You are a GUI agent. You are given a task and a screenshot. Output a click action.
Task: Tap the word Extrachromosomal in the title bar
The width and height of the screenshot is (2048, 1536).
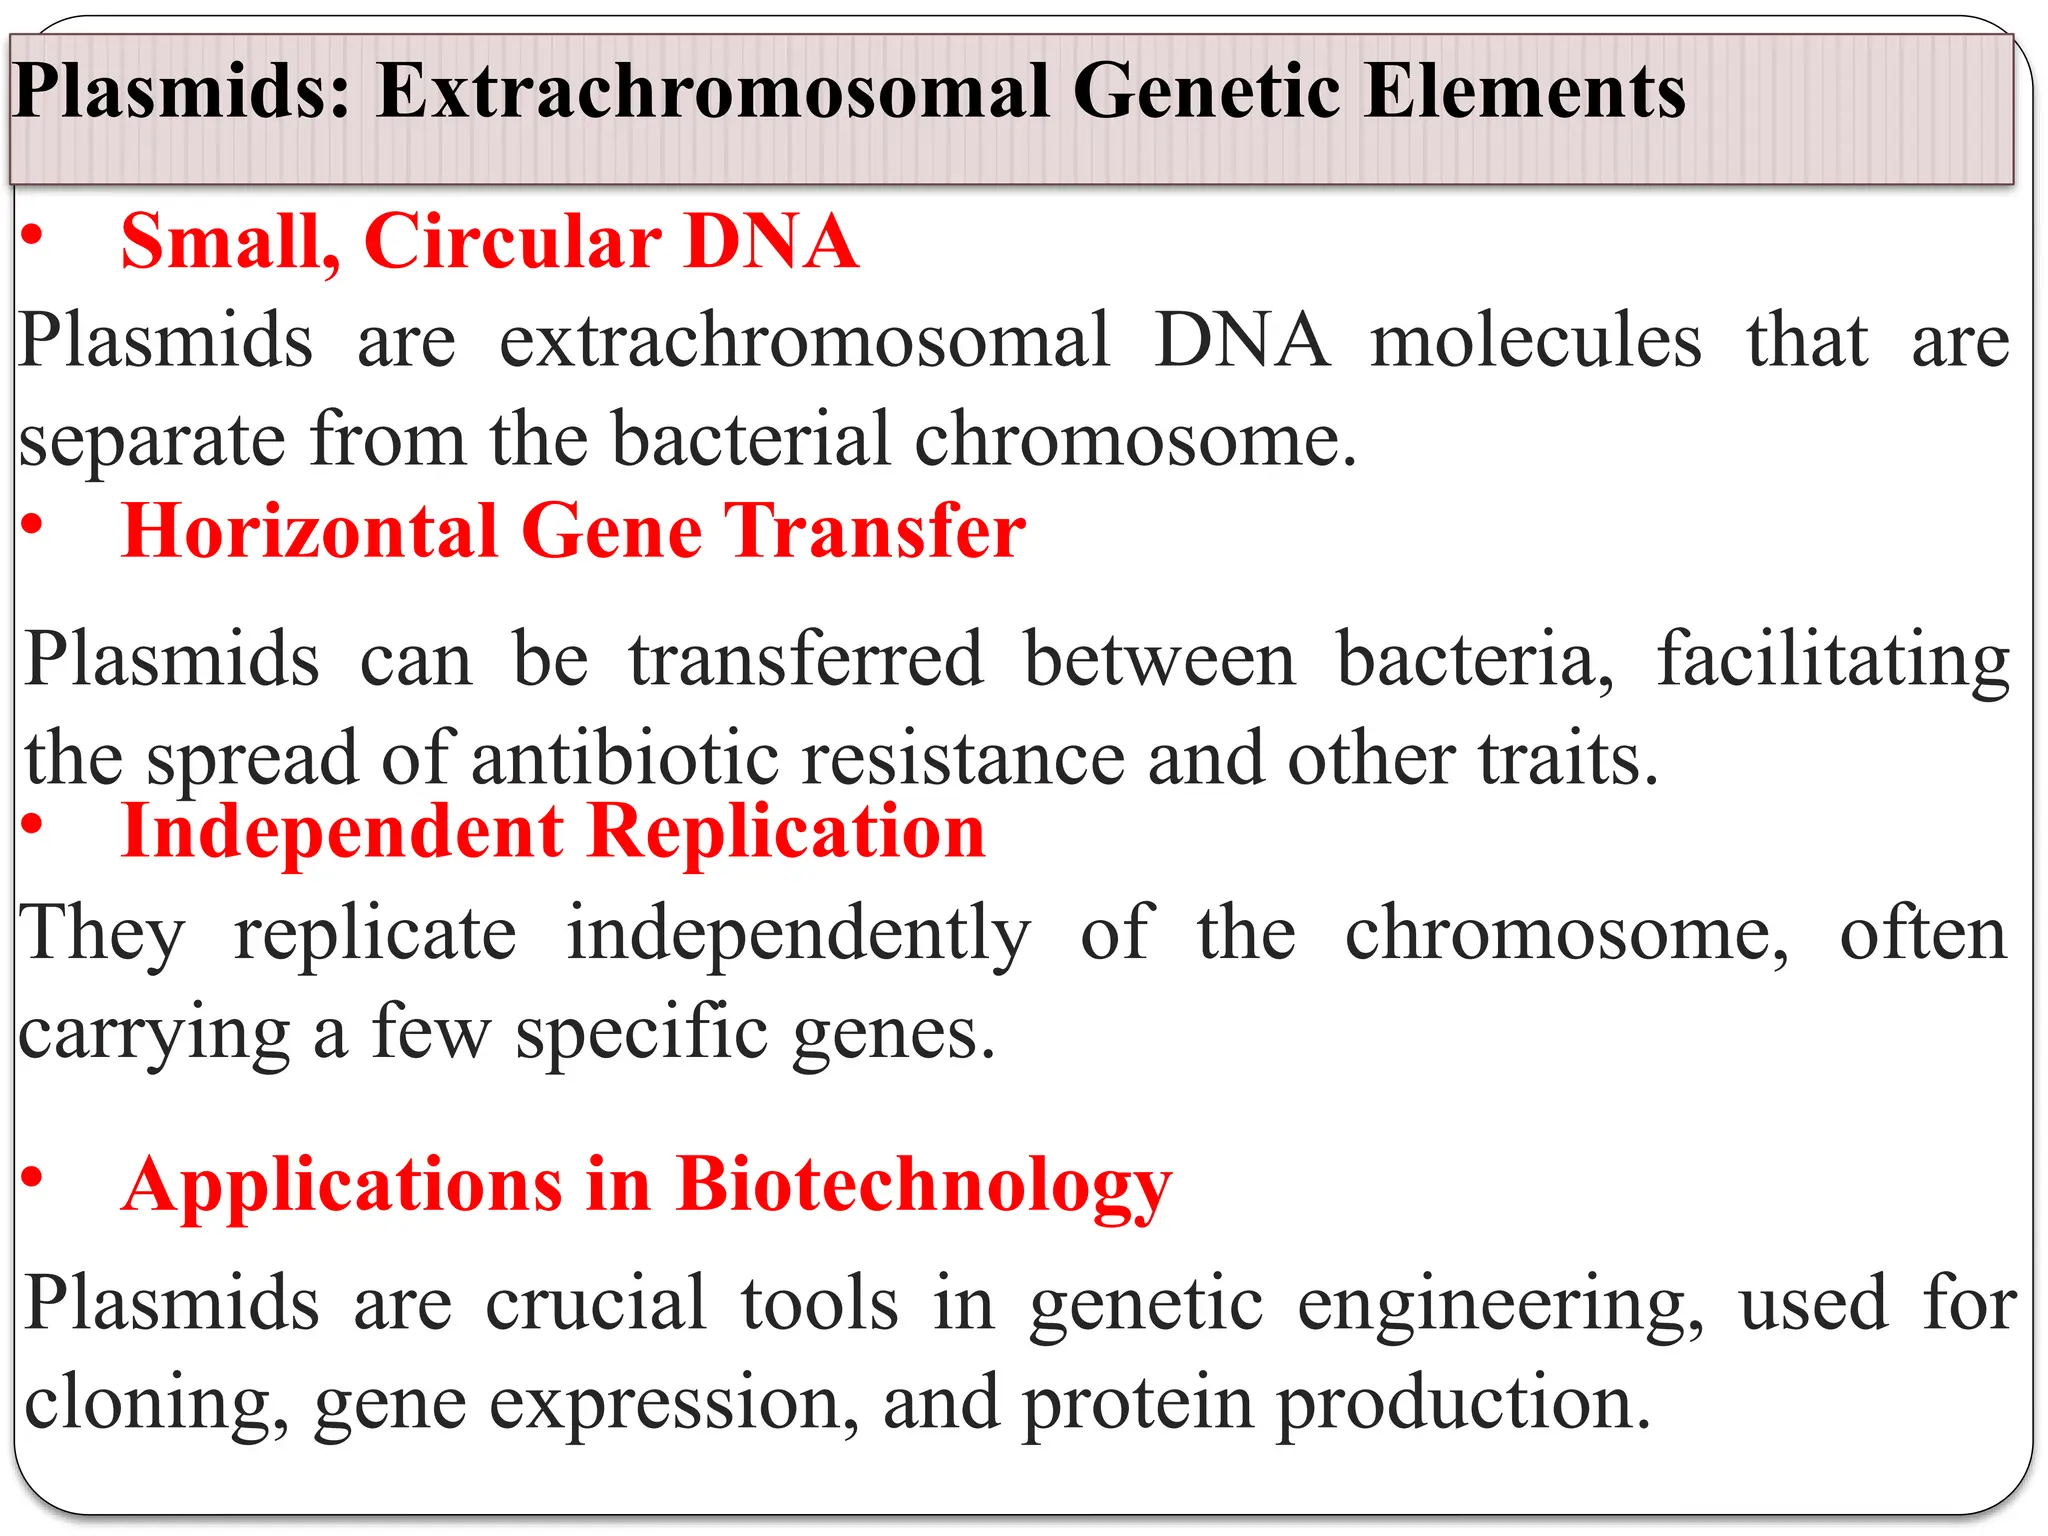(x=713, y=92)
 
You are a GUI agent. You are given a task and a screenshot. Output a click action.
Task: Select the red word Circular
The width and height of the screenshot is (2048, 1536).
(x=512, y=242)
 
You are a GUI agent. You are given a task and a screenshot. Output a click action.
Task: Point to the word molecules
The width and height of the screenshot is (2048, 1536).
(x=1535, y=341)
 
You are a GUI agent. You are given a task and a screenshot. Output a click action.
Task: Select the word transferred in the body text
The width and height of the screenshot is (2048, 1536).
(x=805, y=660)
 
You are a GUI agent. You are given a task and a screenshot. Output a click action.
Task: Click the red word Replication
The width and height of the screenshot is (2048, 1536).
(x=786, y=832)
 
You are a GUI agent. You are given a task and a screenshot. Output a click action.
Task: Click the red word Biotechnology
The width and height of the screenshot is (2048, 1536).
(x=922, y=1186)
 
